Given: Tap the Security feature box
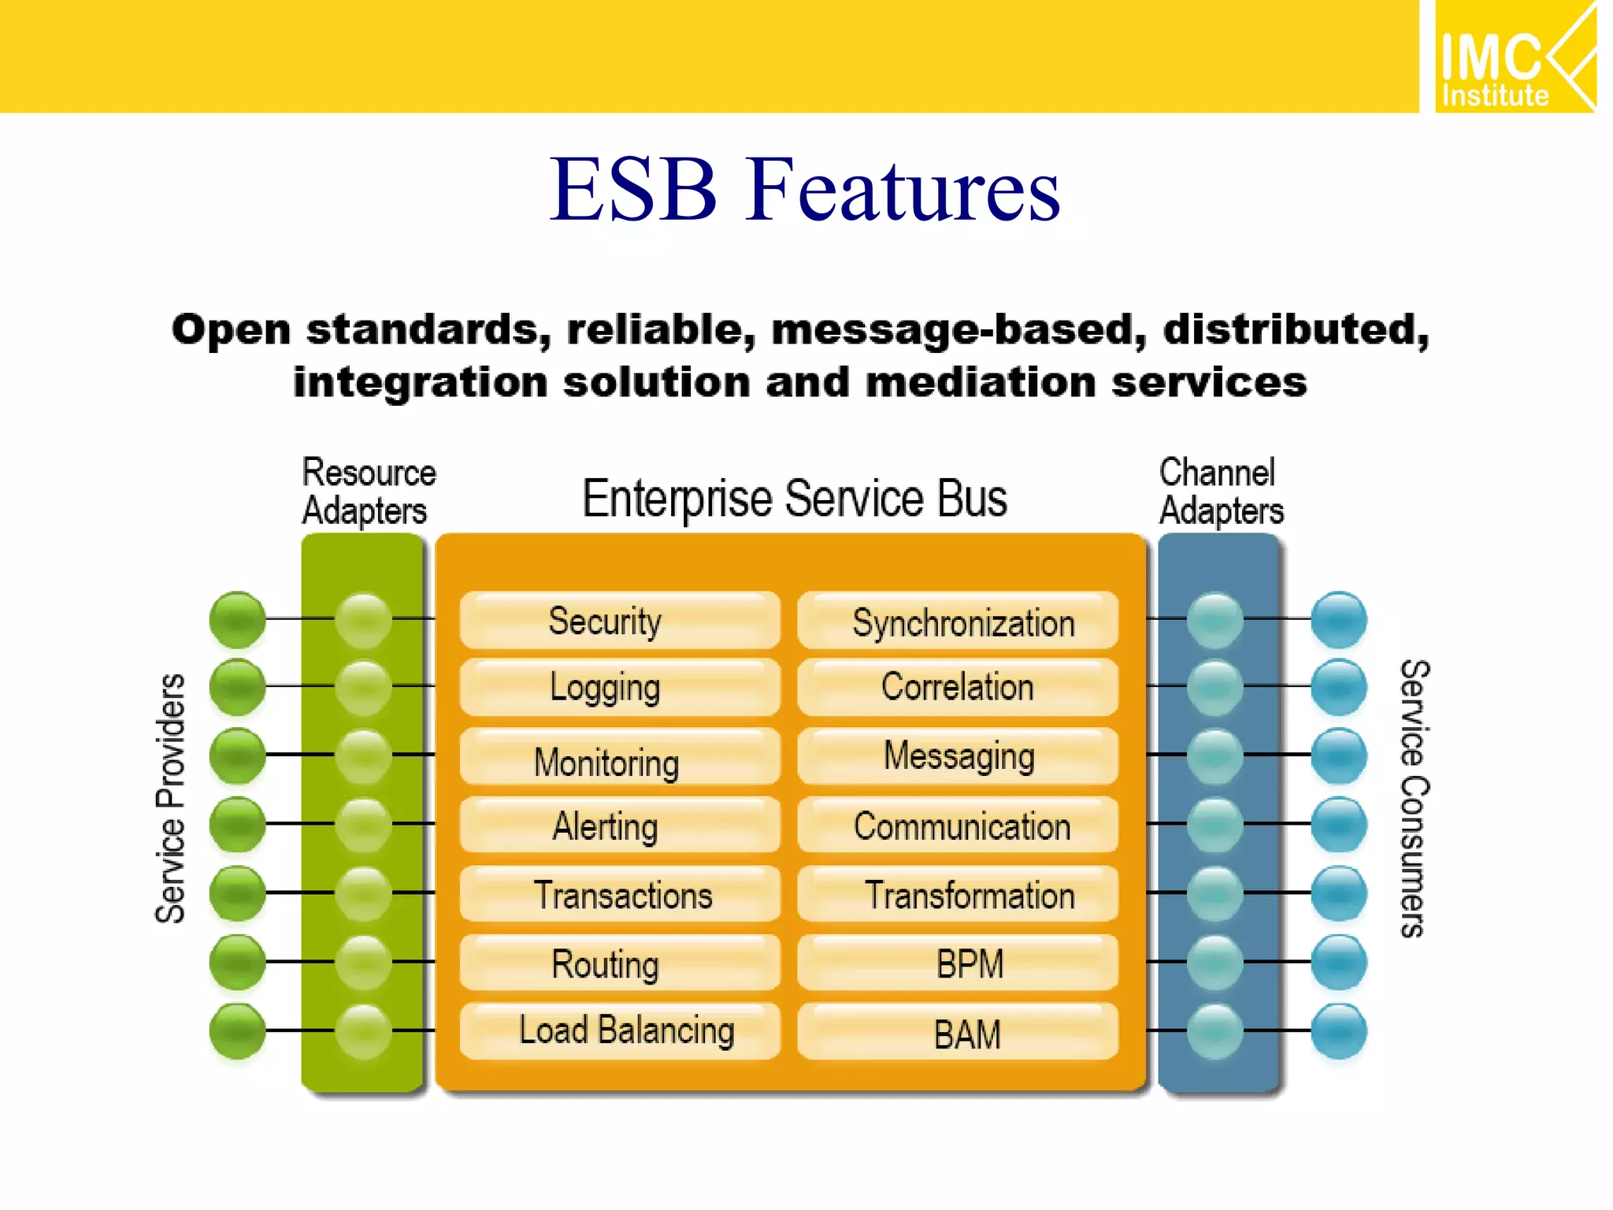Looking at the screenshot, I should tap(619, 621).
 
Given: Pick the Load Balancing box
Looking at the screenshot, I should tap(619, 1030).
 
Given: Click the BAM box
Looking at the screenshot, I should tap(958, 1032).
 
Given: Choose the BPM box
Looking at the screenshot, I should tap(958, 963).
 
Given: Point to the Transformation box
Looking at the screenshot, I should tap(958, 895).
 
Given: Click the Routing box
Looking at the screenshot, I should tap(619, 963).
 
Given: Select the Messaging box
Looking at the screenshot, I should tap(958, 756).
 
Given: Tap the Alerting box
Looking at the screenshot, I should tap(619, 826).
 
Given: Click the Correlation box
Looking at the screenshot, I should tap(958, 687).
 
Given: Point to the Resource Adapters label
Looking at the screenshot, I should tap(368, 492).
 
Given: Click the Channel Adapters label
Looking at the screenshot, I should tap(1220, 492).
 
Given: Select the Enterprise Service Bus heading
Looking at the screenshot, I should tap(794, 499).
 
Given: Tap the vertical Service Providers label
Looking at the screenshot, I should tap(170, 797).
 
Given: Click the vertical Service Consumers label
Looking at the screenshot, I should tap(1415, 797).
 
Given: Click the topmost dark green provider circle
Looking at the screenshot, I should tap(237, 619).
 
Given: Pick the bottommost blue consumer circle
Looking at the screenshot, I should tap(1338, 1030).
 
